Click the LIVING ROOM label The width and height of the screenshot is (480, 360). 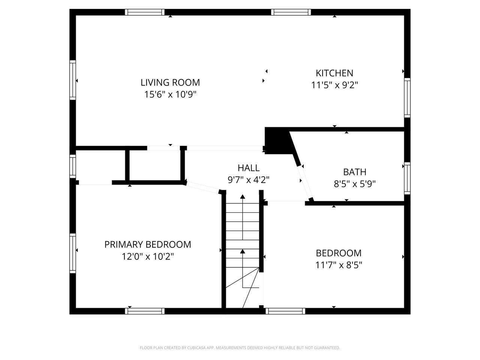coord(170,82)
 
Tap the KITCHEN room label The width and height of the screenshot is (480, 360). coord(334,73)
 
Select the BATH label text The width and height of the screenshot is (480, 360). coord(355,172)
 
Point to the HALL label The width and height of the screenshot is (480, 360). coord(249,168)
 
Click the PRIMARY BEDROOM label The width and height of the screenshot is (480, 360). coord(148,244)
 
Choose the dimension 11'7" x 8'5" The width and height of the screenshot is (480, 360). coord(339,265)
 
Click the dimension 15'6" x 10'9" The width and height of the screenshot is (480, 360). coord(170,94)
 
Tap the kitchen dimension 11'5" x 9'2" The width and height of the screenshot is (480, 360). coord(334,85)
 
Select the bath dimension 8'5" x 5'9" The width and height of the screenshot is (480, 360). coord(355,184)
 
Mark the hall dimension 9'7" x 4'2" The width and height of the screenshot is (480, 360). coord(249,180)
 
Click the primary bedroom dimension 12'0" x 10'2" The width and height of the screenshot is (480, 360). coord(148,256)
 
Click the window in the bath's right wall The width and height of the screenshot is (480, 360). coord(407,178)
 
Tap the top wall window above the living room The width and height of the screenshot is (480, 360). coord(145,12)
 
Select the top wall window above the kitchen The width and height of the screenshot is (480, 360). coord(291,12)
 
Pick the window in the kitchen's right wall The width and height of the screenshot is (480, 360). coord(407,97)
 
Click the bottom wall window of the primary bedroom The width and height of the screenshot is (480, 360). coord(145,311)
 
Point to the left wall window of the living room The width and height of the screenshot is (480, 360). coord(73,80)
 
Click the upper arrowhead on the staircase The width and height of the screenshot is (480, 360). coord(243,196)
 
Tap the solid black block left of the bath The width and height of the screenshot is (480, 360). coord(277,141)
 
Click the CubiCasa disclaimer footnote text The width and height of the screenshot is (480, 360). coord(240,348)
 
